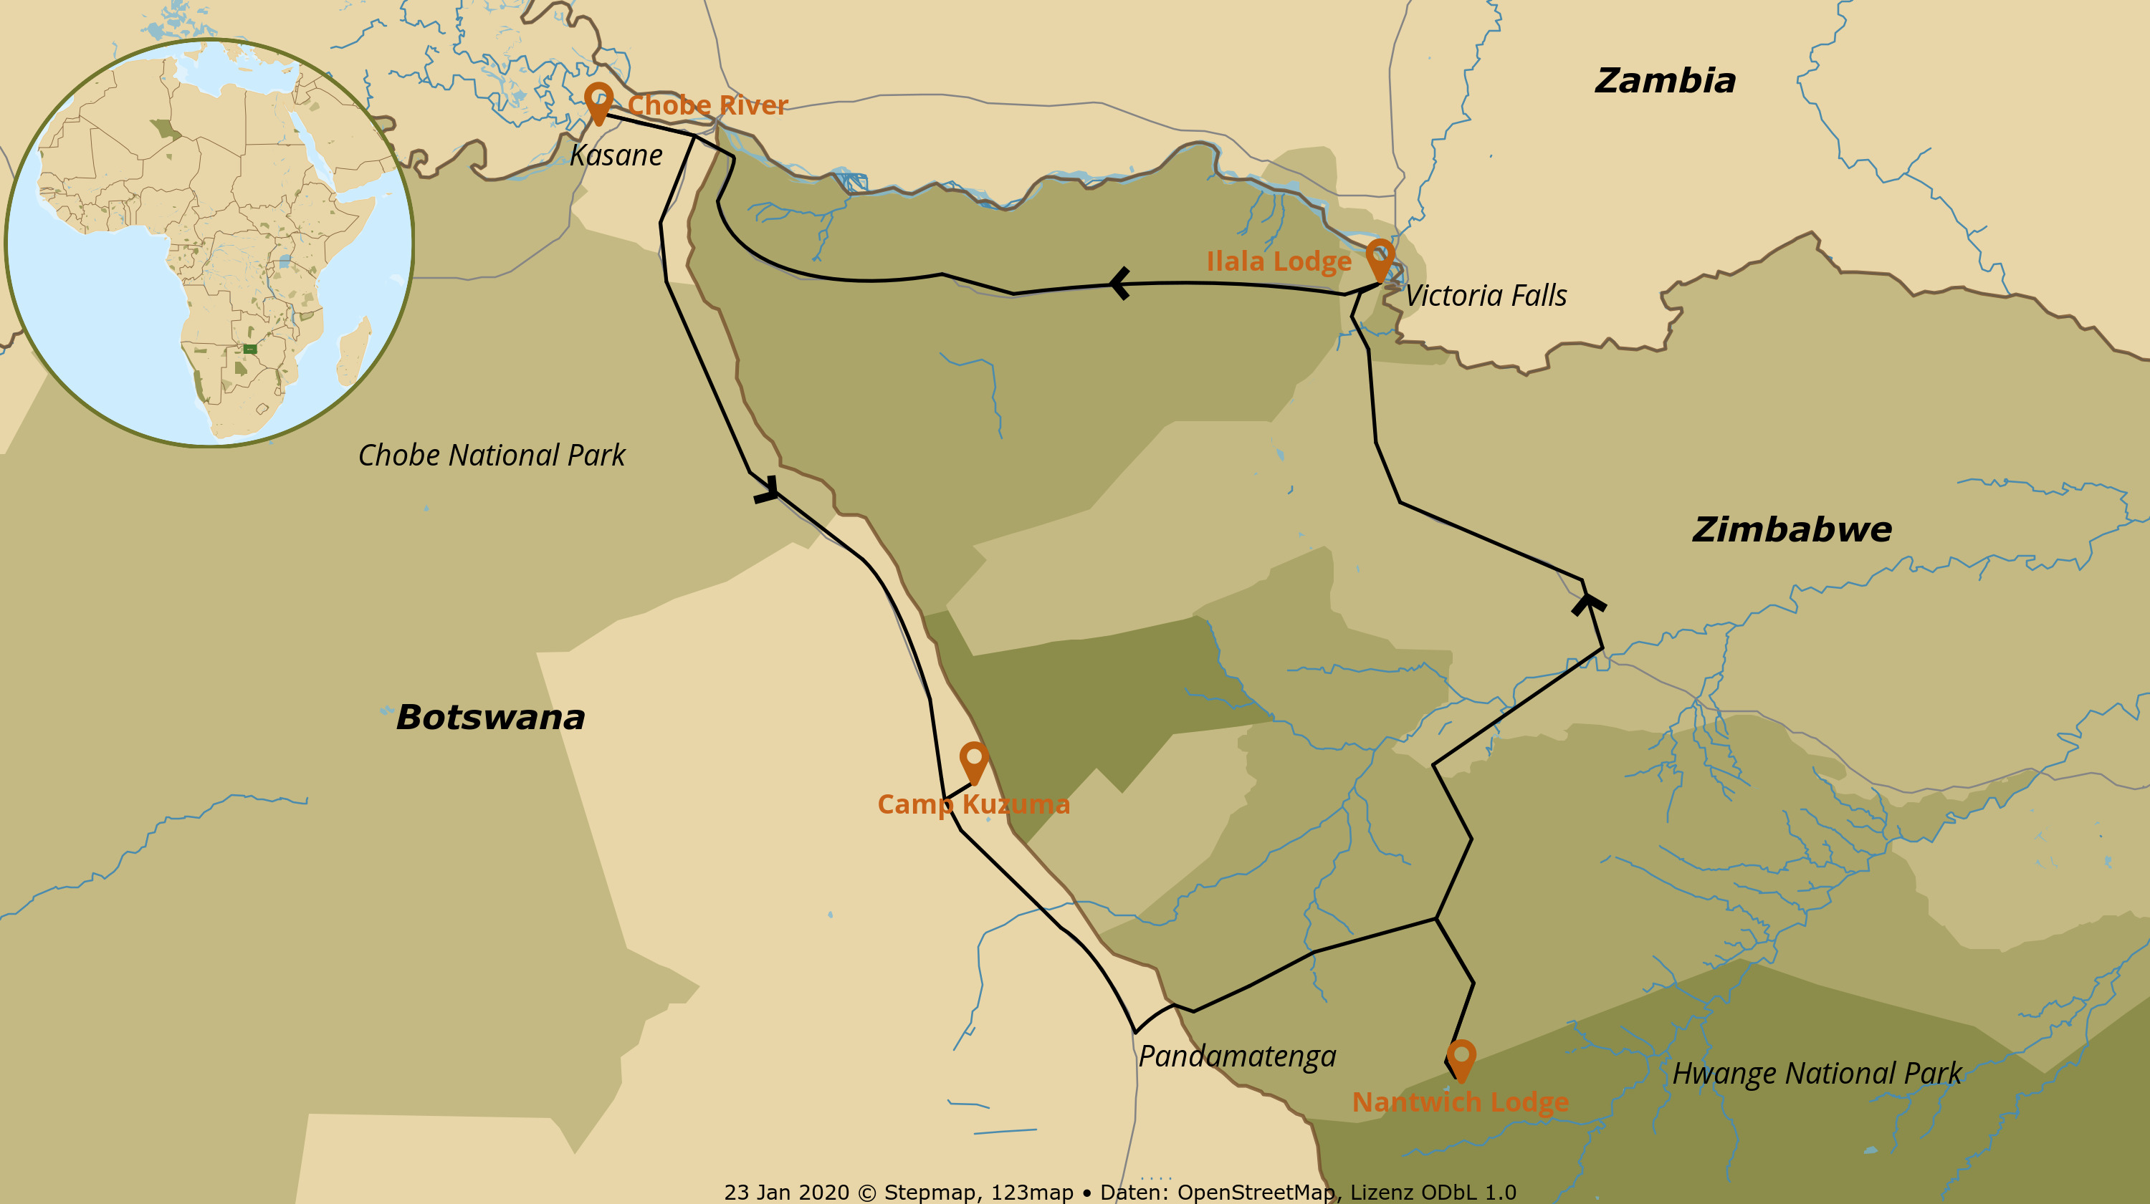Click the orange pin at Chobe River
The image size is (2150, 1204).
point(598,100)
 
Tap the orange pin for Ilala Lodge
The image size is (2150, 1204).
point(1380,257)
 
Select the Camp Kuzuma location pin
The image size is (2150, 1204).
point(974,760)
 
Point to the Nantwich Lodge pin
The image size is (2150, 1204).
point(1461,1058)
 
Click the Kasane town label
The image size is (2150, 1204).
point(616,155)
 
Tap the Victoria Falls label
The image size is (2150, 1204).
point(1486,295)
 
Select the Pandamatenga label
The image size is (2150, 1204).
point(1237,1056)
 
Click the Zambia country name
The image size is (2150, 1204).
point(1665,81)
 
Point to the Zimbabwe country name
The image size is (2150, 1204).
point(1792,529)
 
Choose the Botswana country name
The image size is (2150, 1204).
point(491,718)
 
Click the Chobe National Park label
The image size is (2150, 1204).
point(492,456)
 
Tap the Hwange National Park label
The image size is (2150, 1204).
point(1817,1073)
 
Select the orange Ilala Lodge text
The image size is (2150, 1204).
point(1279,261)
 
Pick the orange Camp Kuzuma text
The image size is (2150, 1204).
point(973,804)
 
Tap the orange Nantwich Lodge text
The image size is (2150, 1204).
point(1461,1102)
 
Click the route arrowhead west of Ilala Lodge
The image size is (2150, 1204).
point(1119,284)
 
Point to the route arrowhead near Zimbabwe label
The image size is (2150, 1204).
point(1588,602)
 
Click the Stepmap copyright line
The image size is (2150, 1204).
point(1119,1193)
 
